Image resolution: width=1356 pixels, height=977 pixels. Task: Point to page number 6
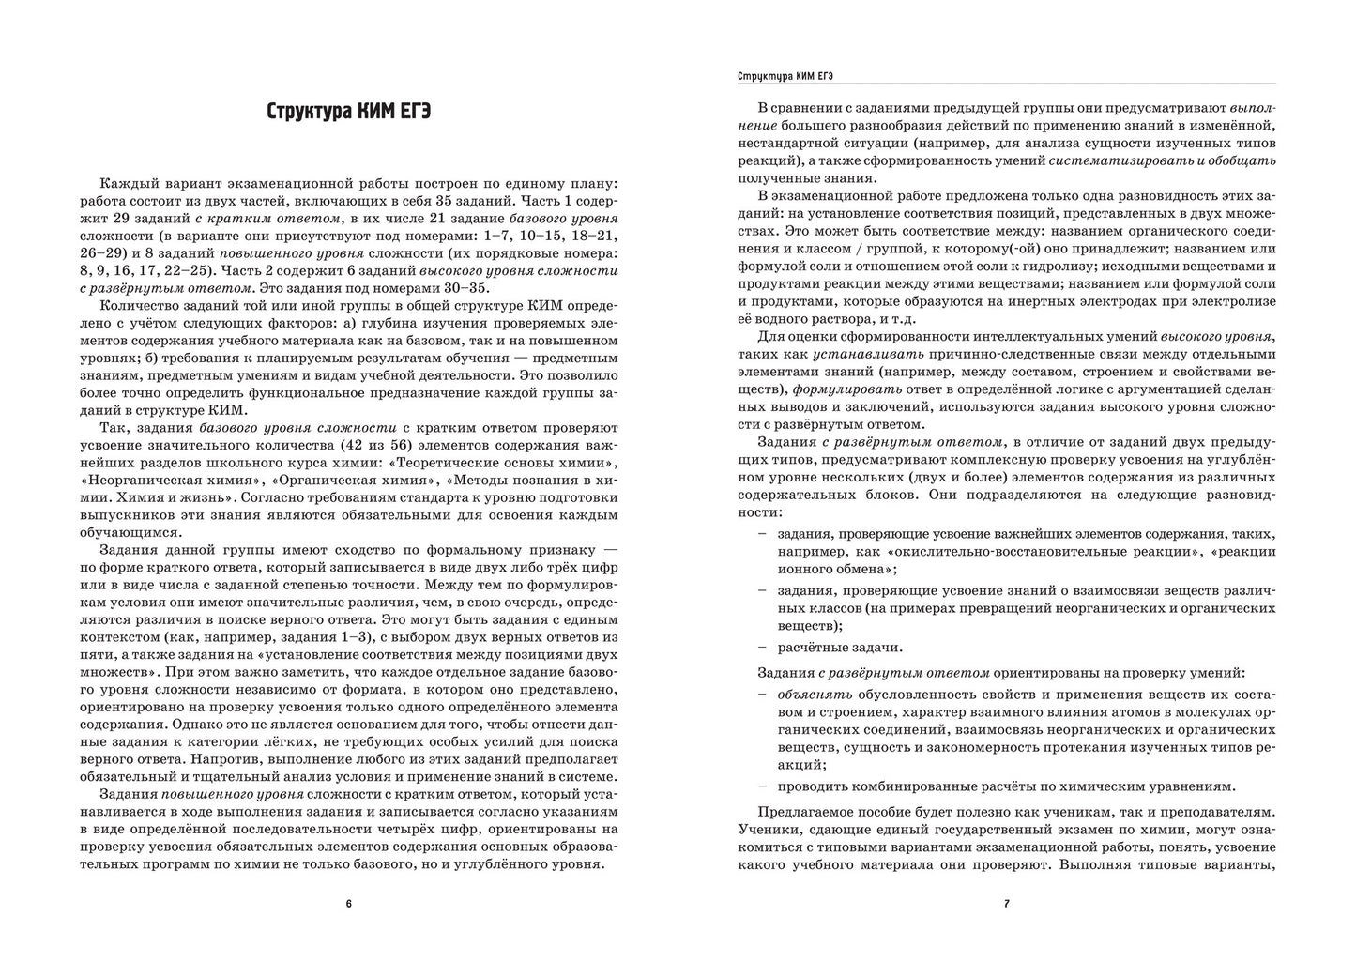[348, 904]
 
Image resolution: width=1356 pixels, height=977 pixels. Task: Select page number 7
[1006, 904]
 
